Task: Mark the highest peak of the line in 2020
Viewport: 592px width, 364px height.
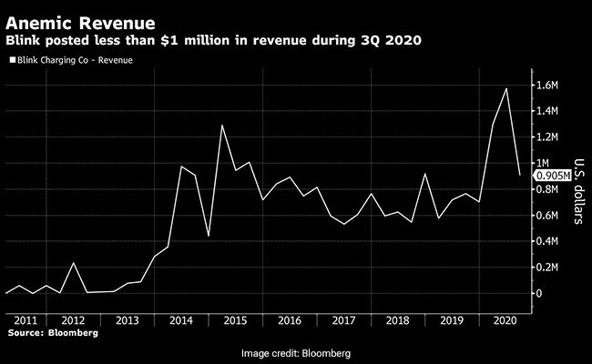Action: pos(505,88)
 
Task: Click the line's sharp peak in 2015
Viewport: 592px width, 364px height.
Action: pos(222,126)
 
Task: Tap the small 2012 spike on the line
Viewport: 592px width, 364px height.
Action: pos(73,263)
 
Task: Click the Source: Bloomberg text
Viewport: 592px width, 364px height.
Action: pos(53,333)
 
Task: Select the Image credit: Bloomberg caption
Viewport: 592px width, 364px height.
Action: pos(296,353)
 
